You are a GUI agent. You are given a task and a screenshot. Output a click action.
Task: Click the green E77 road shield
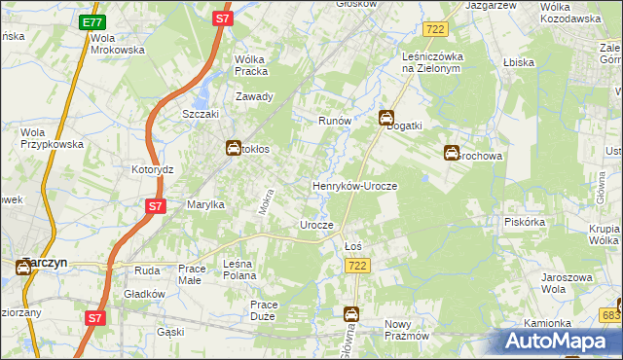[92, 22]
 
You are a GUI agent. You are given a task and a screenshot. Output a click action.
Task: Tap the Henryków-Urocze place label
[354, 186]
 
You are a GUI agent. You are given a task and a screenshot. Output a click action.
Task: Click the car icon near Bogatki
[386, 119]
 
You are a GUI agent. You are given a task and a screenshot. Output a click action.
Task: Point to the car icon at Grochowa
[453, 153]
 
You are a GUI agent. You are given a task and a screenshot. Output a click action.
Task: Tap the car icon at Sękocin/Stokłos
[234, 149]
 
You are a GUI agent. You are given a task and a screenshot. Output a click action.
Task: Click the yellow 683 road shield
[611, 315]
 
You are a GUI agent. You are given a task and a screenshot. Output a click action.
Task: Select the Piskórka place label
[527, 221]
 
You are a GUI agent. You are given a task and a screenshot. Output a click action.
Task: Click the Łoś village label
[353, 246]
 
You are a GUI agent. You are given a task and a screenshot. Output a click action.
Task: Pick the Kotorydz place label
[152, 168]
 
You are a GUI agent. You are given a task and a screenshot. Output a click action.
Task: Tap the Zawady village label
[255, 96]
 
